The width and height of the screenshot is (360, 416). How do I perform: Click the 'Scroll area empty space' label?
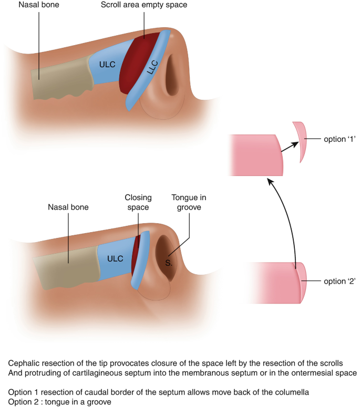(x=144, y=6)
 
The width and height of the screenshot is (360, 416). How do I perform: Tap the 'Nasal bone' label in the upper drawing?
(x=39, y=6)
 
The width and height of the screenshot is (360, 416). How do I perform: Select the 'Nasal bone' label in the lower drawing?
(x=69, y=207)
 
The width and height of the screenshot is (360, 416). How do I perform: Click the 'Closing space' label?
(x=138, y=202)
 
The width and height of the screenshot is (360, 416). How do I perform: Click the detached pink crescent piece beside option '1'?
(x=301, y=142)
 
